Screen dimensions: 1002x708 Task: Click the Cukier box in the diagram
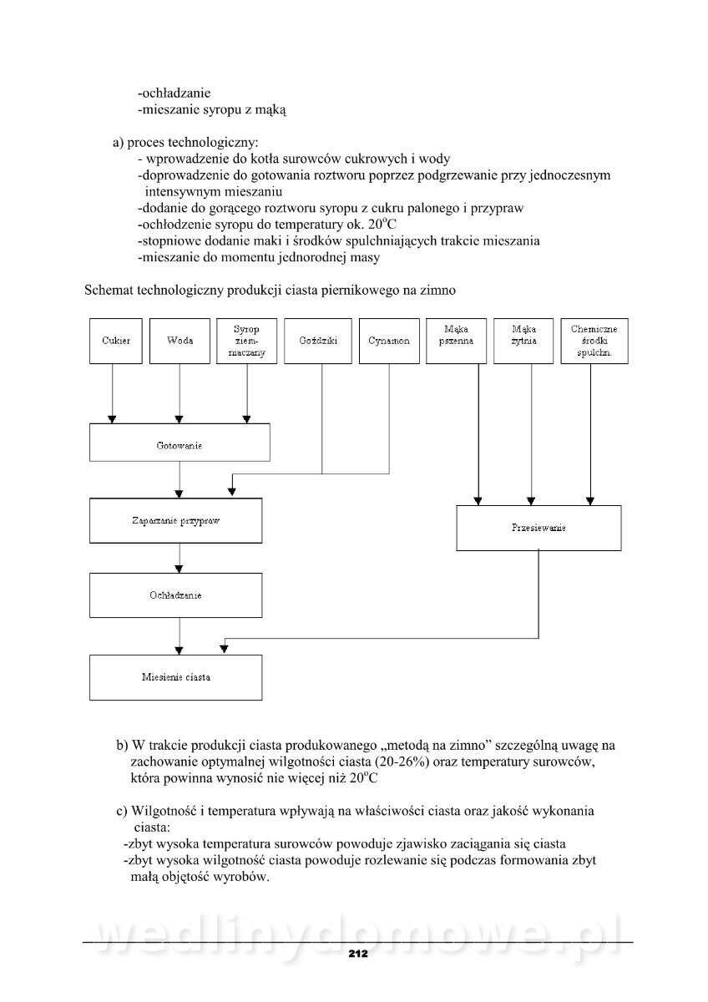116,341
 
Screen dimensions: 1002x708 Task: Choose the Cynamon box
389,341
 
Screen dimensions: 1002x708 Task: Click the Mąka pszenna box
456,341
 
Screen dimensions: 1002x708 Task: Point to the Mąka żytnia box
523,341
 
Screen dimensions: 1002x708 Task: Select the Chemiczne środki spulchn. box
594,341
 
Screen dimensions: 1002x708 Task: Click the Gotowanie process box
180,443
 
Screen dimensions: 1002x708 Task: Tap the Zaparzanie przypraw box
180,521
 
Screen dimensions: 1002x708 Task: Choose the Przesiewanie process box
539,528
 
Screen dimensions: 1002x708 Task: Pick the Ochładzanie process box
180,595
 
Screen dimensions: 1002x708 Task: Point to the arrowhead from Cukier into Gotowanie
113,418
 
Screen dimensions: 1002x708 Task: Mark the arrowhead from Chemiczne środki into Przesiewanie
591,500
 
